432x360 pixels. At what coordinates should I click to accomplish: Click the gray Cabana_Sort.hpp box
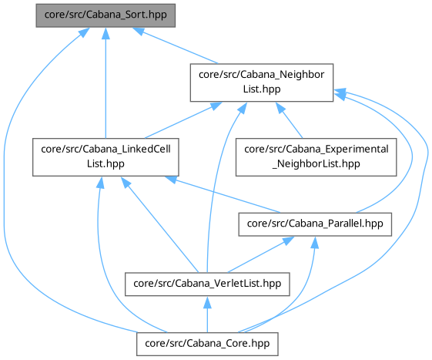(x=105, y=15)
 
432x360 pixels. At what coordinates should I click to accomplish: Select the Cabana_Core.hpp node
(x=207, y=344)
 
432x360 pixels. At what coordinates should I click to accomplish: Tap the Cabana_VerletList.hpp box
(x=207, y=284)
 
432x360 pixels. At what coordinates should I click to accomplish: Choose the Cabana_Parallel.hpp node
(x=315, y=224)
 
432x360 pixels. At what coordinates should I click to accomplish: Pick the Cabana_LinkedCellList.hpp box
(x=105, y=157)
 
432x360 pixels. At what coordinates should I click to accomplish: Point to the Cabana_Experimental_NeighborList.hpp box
(x=316, y=157)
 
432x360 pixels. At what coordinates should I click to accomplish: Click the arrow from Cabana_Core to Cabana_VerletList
(x=207, y=315)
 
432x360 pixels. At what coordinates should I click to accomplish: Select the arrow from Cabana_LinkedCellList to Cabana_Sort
(x=105, y=82)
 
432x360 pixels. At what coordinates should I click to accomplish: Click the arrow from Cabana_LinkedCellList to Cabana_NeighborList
(x=183, y=120)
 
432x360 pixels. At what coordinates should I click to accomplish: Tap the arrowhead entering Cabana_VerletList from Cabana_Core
(x=207, y=303)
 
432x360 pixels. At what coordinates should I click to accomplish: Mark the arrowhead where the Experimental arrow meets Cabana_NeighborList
(x=280, y=108)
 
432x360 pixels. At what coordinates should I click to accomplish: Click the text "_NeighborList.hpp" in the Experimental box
(x=316, y=164)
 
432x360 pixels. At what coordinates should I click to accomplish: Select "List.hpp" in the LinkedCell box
(x=105, y=164)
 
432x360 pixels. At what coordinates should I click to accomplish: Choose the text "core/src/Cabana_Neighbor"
(x=262, y=75)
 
